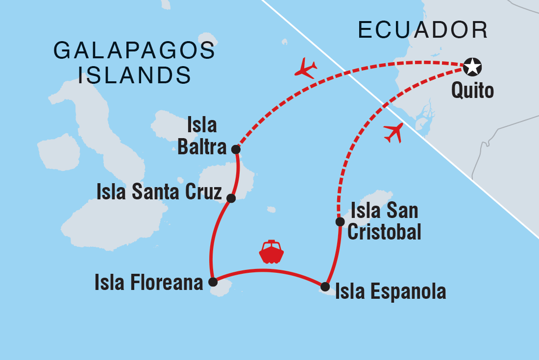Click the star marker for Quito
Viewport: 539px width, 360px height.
pos(472,67)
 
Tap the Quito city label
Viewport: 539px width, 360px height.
pos(472,91)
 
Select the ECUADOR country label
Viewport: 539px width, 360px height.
pos(423,30)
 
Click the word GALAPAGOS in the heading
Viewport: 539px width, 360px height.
pos(134,50)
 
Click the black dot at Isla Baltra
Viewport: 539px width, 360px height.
pos(236,149)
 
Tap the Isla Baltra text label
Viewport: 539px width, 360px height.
pos(202,136)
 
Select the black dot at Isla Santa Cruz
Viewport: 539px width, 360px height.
pos(231,198)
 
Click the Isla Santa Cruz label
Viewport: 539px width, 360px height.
pos(159,192)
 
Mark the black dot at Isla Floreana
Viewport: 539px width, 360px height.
pos(213,282)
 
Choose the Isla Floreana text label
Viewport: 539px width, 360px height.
pos(149,283)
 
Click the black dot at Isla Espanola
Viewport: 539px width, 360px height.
pos(325,286)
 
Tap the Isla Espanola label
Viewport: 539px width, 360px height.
pos(391,291)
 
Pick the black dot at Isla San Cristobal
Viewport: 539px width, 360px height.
pos(339,222)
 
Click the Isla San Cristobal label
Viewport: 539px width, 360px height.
pos(384,221)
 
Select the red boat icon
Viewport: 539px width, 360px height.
pos(271,252)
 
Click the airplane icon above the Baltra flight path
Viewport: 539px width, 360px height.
pos(306,68)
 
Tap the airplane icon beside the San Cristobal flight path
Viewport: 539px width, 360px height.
pos(394,132)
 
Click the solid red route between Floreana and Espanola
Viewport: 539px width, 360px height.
pos(269,270)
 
